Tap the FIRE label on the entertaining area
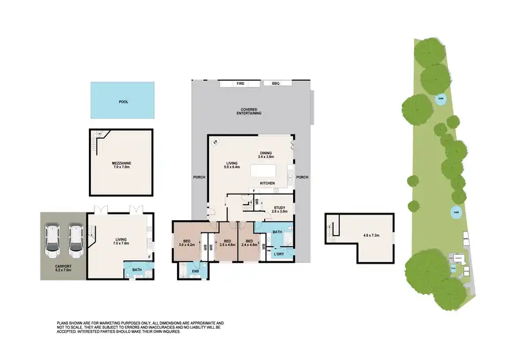240,84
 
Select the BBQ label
276,84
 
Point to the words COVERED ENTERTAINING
251,112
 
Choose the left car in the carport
53,242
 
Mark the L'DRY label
278,255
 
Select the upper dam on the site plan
441,100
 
